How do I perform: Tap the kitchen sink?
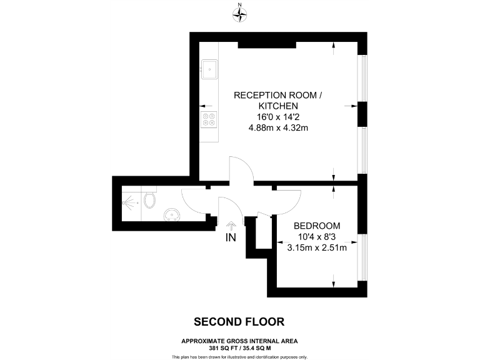210,68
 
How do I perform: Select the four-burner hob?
210,119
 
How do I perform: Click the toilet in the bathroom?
149,200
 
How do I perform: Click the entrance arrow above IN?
231,225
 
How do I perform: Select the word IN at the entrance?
231,237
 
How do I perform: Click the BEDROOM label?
317,226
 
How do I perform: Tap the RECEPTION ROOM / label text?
279,95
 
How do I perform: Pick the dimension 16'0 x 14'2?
279,117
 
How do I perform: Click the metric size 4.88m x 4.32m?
279,127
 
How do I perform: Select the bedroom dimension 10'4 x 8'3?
317,236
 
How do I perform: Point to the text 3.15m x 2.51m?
317,247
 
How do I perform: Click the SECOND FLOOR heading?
239,322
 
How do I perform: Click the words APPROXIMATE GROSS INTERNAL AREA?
239,341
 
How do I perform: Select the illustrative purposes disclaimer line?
239,356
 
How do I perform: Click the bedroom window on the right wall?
362,257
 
